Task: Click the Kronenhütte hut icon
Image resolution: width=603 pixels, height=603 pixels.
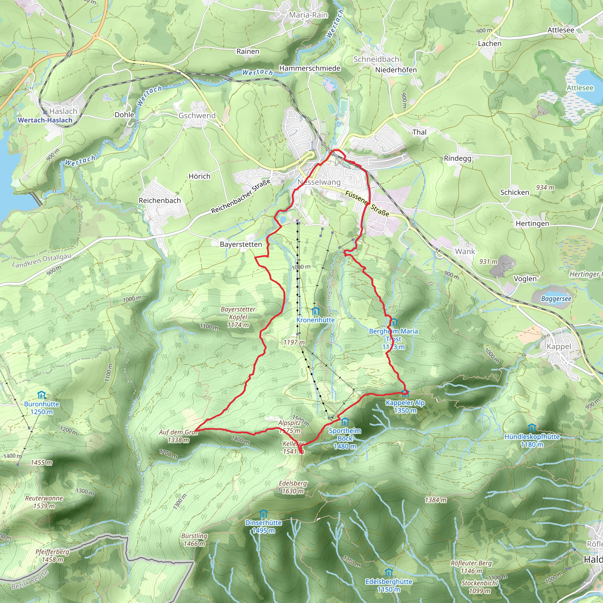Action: (x=316, y=311)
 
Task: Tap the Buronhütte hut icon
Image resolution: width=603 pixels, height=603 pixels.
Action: (x=42, y=395)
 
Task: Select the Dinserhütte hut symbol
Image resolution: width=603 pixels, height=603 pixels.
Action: (x=264, y=514)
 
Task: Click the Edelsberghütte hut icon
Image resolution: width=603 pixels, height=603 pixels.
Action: (x=389, y=573)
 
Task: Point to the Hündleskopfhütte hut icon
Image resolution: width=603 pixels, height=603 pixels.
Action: (x=532, y=428)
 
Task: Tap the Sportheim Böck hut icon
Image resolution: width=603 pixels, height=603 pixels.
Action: (x=344, y=422)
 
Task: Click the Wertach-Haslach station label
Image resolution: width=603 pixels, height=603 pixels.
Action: (x=45, y=120)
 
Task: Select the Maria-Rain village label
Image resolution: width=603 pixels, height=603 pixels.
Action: (x=308, y=15)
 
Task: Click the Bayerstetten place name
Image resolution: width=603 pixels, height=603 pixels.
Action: (x=241, y=244)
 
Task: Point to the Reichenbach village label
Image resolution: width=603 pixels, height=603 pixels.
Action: (x=160, y=201)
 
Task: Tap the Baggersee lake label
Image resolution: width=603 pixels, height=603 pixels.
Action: (x=556, y=299)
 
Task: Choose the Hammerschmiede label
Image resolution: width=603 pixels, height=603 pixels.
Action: (x=310, y=68)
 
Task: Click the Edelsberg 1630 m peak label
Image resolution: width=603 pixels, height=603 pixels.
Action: (x=293, y=487)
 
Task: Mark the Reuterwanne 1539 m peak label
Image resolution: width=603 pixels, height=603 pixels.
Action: (x=44, y=502)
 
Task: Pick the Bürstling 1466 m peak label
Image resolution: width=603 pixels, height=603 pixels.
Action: (x=194, y=540)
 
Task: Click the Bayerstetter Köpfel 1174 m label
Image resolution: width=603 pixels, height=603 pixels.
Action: (x=238, y=317)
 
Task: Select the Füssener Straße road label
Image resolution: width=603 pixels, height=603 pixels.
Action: (x=367, y=203)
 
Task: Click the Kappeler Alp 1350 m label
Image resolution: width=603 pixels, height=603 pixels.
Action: (x=405, y=406)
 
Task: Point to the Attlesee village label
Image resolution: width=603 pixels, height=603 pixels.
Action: (x=561, y=30)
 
